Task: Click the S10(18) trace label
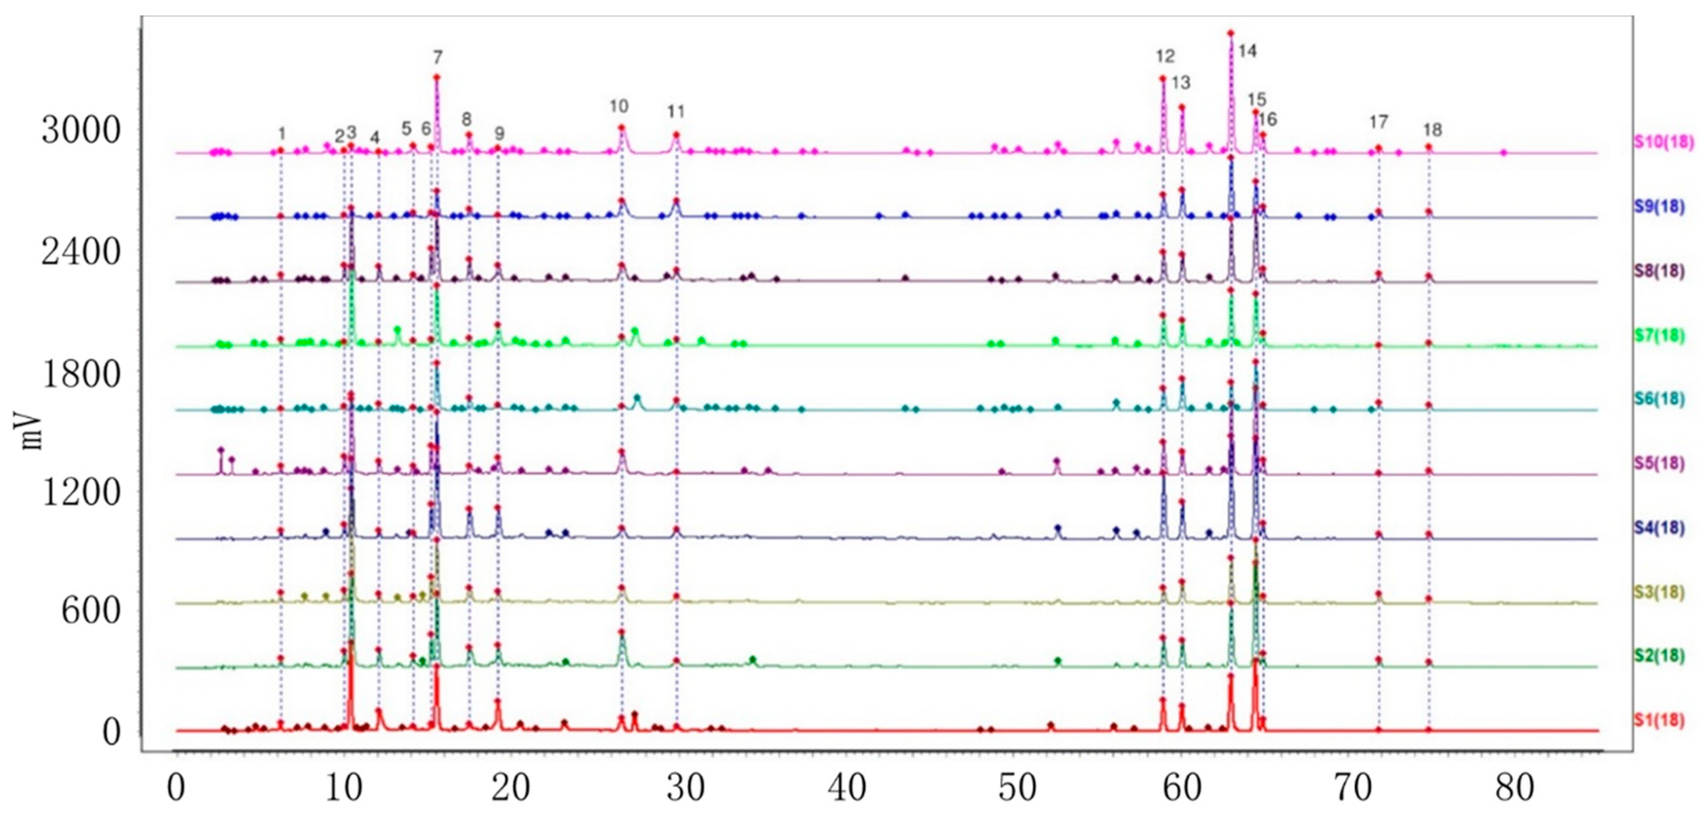[x=1663, y=143]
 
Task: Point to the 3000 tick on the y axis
[x=81, y=130]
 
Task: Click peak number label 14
[x=1247, y=51]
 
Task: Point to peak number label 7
[x=438, y=57]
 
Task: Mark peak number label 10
[x=618, y=106]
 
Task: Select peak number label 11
[x=676, y=112]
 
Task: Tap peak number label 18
[x=1432, y=129]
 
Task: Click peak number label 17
[x=1378, y=122]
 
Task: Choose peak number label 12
[x=1165, y=56]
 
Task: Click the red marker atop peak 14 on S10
[x=1231, y=33]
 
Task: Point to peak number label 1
[x=282, y=134]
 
